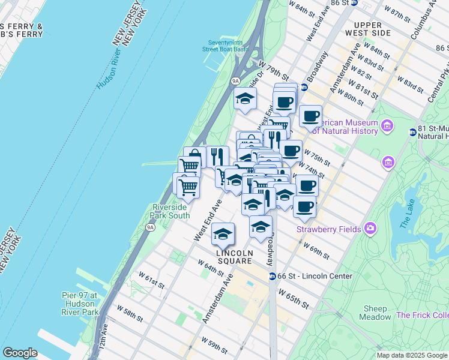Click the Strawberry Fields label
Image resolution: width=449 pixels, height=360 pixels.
(328, 229)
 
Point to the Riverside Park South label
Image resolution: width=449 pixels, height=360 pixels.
(170, 211)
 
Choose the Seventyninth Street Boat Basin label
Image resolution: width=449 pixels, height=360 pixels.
(228, 46)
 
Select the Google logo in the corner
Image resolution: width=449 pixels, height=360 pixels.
(20, 353)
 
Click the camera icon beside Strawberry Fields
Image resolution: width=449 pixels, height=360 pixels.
(370, 229)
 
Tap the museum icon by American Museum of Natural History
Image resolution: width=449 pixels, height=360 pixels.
(387, 126)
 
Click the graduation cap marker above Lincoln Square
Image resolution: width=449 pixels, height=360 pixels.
(223, 235)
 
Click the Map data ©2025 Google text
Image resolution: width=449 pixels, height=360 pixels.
(412, 355)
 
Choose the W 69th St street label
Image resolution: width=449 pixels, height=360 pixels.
(316, 250)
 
